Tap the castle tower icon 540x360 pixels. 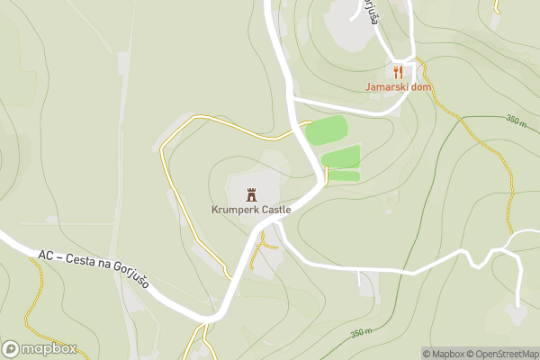point(251,193)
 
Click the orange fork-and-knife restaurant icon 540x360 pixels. point(398,71)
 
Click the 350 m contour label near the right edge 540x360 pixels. point(515,120)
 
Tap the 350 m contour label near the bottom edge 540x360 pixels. point(361,333)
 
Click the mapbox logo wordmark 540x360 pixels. point(49,349)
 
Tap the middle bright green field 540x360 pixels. point(340,157)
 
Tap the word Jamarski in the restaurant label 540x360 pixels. point(385,87)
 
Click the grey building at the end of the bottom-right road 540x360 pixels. point(516,312)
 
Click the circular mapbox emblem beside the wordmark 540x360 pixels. point(11,349)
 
